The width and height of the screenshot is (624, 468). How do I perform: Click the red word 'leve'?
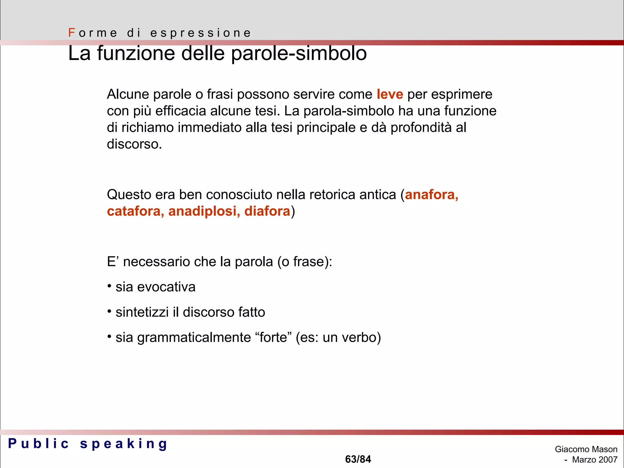point(390,94)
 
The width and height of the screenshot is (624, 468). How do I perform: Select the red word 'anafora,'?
point(431,195)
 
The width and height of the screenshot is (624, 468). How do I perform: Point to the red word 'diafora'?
point(267,211)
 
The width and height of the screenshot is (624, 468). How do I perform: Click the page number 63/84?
point(358,459)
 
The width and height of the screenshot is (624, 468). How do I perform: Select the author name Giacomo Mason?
point(586,449)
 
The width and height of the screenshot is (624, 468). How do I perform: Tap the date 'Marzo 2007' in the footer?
point(594,459)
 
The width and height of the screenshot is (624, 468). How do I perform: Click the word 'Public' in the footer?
point(39,444)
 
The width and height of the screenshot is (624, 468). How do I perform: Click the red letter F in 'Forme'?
point(72,33)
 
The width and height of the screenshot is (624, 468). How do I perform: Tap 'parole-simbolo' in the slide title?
point(299,54)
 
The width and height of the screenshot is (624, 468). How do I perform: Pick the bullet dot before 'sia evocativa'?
point(109,286)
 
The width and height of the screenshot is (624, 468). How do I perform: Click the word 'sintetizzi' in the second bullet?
point(142,312)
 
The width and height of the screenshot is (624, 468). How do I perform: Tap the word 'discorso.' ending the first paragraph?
point(134,144)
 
